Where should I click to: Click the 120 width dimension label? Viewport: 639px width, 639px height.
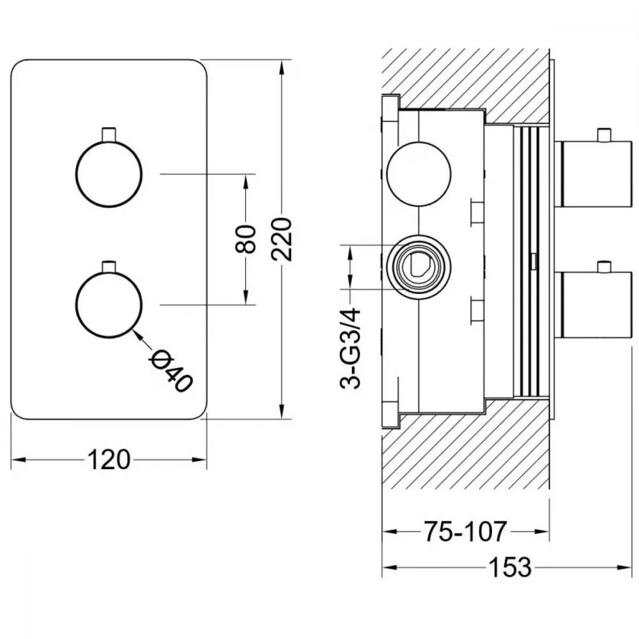pyautogui.click(x=109, y=459)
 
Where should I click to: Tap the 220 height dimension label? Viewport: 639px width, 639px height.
pyautogui.click(x=282, y=240)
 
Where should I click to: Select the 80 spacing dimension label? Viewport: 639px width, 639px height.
pyautogui.click(x=246, y=239)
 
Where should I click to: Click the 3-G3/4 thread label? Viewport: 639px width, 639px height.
pyautogui.click(x=350, y=349)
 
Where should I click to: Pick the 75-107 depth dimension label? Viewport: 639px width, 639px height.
pyautogui.click(x=465, y=532)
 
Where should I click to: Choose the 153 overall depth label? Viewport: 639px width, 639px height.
pyautogui.click(x=510, y=567)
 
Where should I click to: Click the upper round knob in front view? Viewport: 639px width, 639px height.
pyautogui.click(x=109, y=174)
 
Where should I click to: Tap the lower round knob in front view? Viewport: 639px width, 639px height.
pyautogui.click(x=109, y=304)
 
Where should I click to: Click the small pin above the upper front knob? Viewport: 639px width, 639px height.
pyautogui.click(x=109, y=134)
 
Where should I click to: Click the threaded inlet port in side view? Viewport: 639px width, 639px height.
pyautogui.click(x=419, y=267)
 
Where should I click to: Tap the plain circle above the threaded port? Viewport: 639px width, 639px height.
pyautogui.click(x=419, y=174)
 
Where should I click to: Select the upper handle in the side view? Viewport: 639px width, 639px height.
pyautogui.click(x=593, y=174)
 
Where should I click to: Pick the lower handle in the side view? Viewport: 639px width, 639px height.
pyautogui.click(x=593, y=304)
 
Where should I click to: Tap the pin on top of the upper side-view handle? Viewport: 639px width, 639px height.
pyautogui.click(x=604, y=135)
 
